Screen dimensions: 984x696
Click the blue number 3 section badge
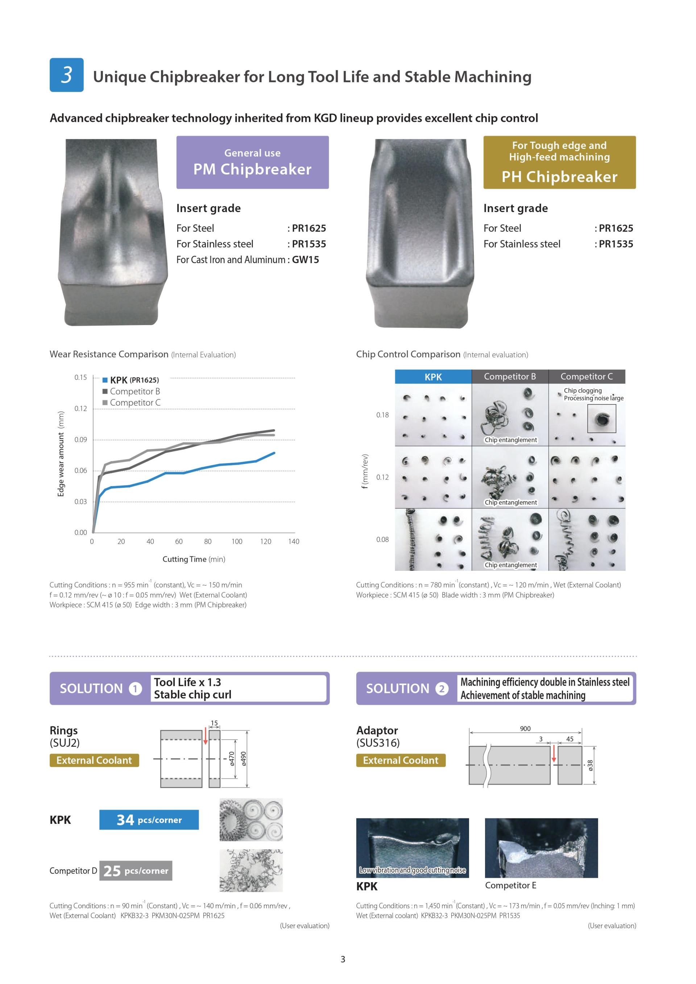point(66,75)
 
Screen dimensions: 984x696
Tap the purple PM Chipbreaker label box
point(252,162)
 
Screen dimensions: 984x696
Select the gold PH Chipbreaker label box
point(559,162)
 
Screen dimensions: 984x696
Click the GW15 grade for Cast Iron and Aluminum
point(305,260)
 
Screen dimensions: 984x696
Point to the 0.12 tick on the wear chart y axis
point(80,408)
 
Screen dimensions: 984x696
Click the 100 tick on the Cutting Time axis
point(237,541)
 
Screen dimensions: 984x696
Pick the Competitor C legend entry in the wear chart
point(132,402)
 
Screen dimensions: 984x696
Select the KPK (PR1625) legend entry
point(131,380)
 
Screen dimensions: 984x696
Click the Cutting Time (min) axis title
point(194,559)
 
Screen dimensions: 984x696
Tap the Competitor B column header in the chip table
point(510,376)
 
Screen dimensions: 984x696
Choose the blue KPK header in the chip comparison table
point(433,377)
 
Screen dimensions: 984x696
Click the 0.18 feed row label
point(382,415)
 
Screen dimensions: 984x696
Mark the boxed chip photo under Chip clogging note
point(601,418)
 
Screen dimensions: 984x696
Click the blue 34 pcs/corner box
point(149,820)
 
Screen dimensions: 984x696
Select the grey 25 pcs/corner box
point(136,871)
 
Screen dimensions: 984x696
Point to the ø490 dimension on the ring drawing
point(244,759)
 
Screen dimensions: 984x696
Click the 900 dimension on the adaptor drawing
point(525,728)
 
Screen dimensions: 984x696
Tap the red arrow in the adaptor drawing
point(554,754)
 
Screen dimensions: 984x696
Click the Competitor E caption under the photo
point(510,885)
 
